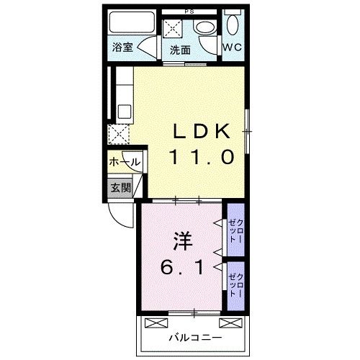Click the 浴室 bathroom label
[123, 48]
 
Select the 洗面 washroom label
[180, 50]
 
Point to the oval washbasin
[204, 28]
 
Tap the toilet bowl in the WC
[232, 23]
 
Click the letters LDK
[202, 132]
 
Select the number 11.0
[202, 155]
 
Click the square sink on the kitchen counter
[123, 112]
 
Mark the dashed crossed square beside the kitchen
[117, 134]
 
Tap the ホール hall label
[124, 163]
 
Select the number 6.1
[179, 267]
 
